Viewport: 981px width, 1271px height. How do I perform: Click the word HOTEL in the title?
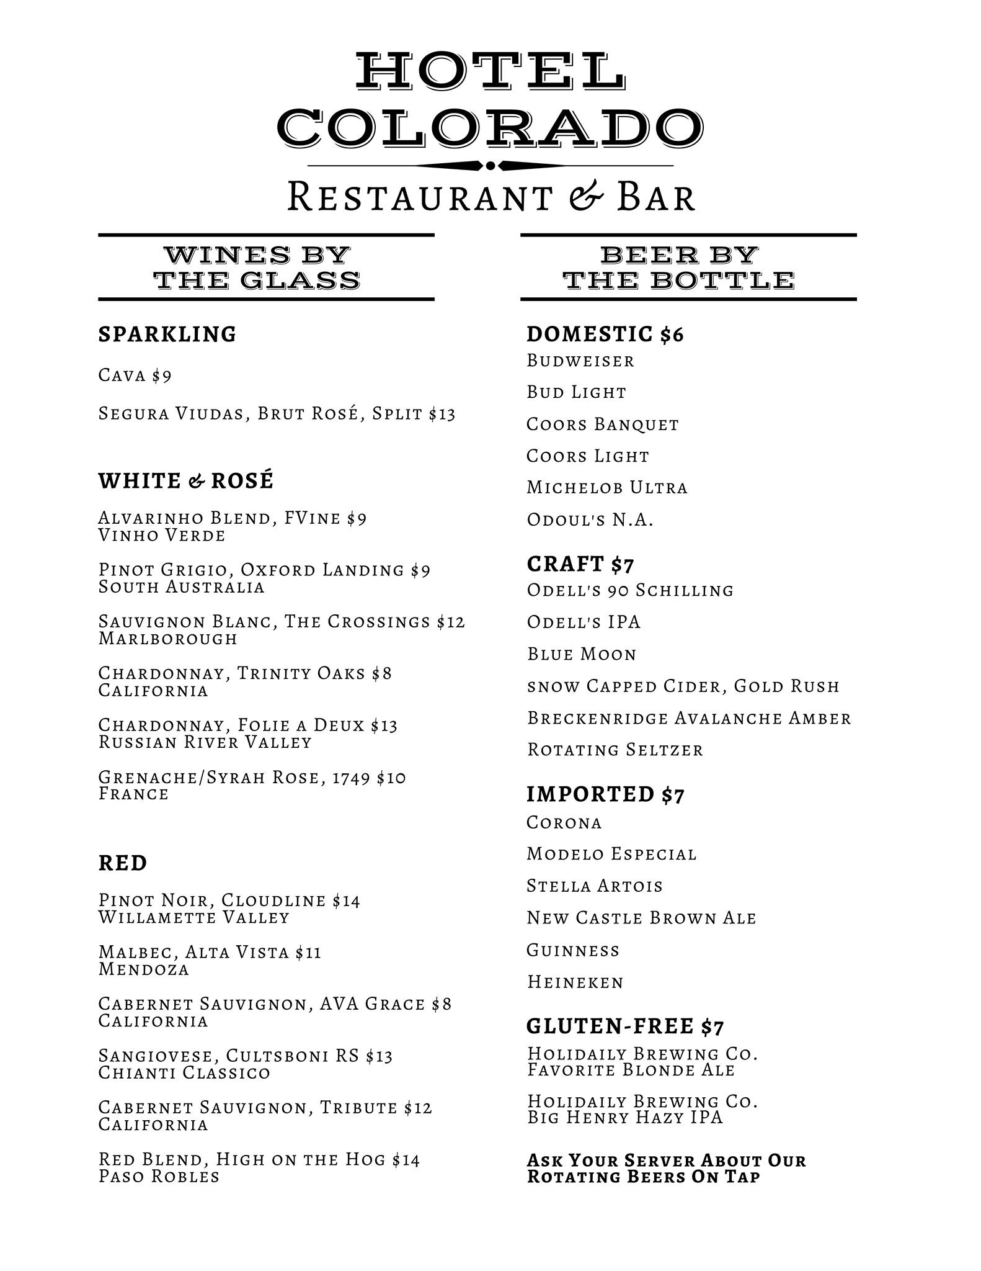pyautogui.click(x=490, y=71)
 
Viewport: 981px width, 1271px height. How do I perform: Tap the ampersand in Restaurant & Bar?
pyautogui.click(x=584, y=196)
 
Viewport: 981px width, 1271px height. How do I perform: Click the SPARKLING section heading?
pyautogui.click(x=167, y=335)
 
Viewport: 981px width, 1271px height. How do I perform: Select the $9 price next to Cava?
pyautogui.click(x=162, y=375)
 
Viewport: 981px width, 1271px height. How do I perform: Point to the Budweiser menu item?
pyautogui.click(x=580, y=361)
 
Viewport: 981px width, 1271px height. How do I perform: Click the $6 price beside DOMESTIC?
pyautogui.click(x=672, y=335)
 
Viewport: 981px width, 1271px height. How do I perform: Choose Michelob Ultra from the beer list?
pyautogui.click(x=607, y=488)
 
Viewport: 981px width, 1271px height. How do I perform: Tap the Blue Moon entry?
pyautogui.click(x=582, y=654)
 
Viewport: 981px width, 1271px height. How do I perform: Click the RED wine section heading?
pyautogui.click(x=123, y=863)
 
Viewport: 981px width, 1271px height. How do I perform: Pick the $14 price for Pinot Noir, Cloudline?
pyautogui.click(x=346, y=900)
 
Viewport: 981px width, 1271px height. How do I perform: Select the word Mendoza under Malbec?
pyautogui.click(x=144, y=969)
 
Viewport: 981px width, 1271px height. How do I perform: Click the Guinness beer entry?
pyautogui.click(x=573, y=950)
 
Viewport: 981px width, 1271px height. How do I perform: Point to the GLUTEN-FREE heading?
pyautogui.click(x=610, y=1027)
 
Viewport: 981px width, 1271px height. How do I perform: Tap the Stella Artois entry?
pyautogui.click(x=595, y=886)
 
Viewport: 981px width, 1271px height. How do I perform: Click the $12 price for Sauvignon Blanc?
pyautogui.click(x=451, y=622)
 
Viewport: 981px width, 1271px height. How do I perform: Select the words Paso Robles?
pyautogui.click(x=159, y=1177)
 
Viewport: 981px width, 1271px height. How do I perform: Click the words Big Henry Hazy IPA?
pyautogui.click(x=625, y=1117)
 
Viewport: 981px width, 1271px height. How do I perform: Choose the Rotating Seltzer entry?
pyautogui.click(x=615, y=750)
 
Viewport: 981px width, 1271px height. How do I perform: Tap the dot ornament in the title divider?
pyautogui.click(x=491, y=166)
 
